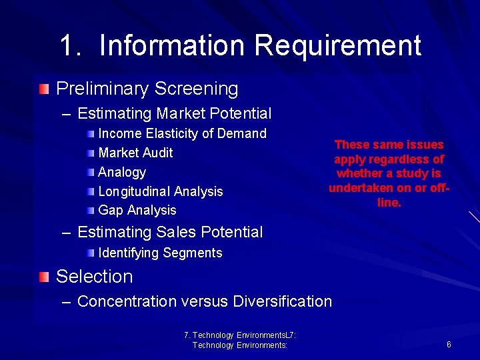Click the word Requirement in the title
tap(337, 45)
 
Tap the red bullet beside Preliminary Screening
tap(44, 88)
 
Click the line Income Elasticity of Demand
tap(182, 133)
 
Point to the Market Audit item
tap(135, 153)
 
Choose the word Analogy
tap(122, 172)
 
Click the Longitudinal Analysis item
tap(160, 191)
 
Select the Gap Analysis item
tap(137, 210)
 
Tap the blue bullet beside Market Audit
tap(91, 153)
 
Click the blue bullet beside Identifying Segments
tap(91, 253)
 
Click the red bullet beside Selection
tap(44, 276)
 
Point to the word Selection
tap(95, 276)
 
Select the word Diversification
tap(282, 301)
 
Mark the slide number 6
tap(449, 345)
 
